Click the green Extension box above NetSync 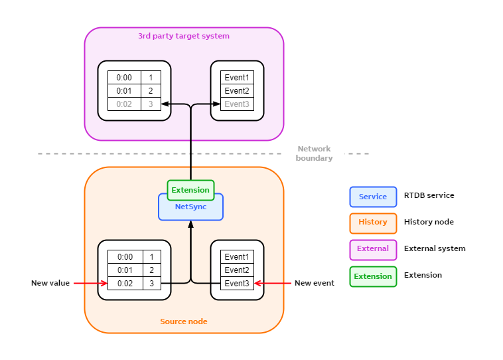[190, 190]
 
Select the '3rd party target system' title [184, 36]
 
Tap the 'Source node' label [184, 321]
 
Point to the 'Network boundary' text [314, 153]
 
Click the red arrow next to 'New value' [90, 283]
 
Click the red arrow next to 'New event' [273, 283]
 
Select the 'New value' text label [50, 283]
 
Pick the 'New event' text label [315, 283]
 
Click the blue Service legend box [373, 197]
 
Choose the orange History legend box [373, 222]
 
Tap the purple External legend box [373, 248]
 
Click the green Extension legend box [373, 276]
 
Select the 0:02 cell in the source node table [125, 284]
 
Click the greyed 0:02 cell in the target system [125, 104]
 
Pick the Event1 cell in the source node [237, 257]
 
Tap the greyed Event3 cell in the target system [237, 104]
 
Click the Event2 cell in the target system [237, 91]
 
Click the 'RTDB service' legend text [429, 196]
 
